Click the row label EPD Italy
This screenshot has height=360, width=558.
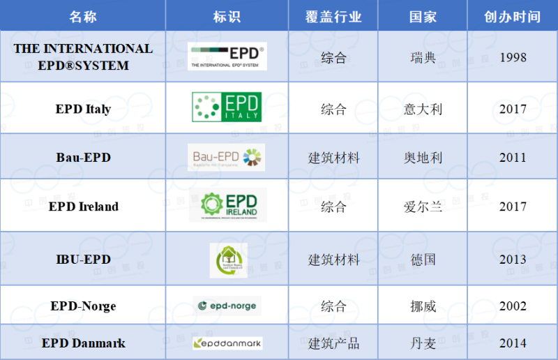click(x=83, y=110)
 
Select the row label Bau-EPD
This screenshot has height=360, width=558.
click(x=83, y=158)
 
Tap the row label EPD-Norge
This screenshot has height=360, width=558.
click(x=83, y=306)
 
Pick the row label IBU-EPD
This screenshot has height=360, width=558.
click(x=83, y=260)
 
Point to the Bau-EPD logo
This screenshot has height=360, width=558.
click(x=227, y=157)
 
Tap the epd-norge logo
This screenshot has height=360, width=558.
click(x=227, y=306)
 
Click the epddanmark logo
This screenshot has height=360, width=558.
click(x=227, y=343)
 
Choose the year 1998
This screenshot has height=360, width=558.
click(x=513, y=57)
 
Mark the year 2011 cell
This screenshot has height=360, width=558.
click(x=513, y=158)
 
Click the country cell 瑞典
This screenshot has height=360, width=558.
click(x=423, y=57)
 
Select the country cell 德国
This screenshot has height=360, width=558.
click(x=423, y=260)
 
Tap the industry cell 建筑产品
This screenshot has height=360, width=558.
click(x=334, y=343)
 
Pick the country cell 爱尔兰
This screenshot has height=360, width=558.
click(x=423, y=207)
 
